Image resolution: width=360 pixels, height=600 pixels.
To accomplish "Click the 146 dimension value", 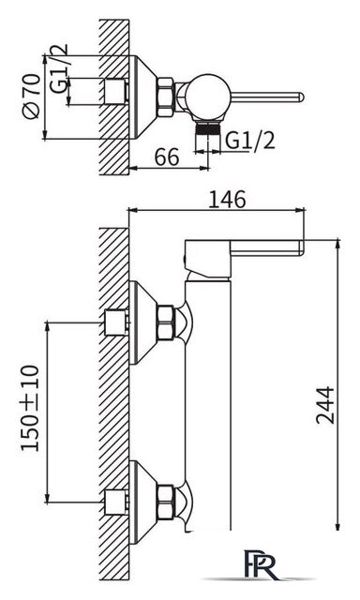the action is point(227,200).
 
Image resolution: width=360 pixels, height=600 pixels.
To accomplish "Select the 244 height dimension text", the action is point(325,405).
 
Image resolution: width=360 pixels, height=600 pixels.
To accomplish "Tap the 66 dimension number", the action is point(167,157).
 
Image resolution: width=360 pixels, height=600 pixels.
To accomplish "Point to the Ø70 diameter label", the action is point(31,96).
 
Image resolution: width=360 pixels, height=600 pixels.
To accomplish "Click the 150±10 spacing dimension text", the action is point(30,409).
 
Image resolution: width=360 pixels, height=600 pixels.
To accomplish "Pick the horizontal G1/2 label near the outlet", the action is point(249,141).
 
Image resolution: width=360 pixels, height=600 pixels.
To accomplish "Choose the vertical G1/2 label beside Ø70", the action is point(58,68).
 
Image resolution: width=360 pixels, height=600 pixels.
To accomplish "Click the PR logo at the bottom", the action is point(260,565).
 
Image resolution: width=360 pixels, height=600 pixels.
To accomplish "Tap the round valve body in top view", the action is point(209,97).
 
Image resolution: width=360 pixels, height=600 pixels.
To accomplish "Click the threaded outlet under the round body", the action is point(208,127).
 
